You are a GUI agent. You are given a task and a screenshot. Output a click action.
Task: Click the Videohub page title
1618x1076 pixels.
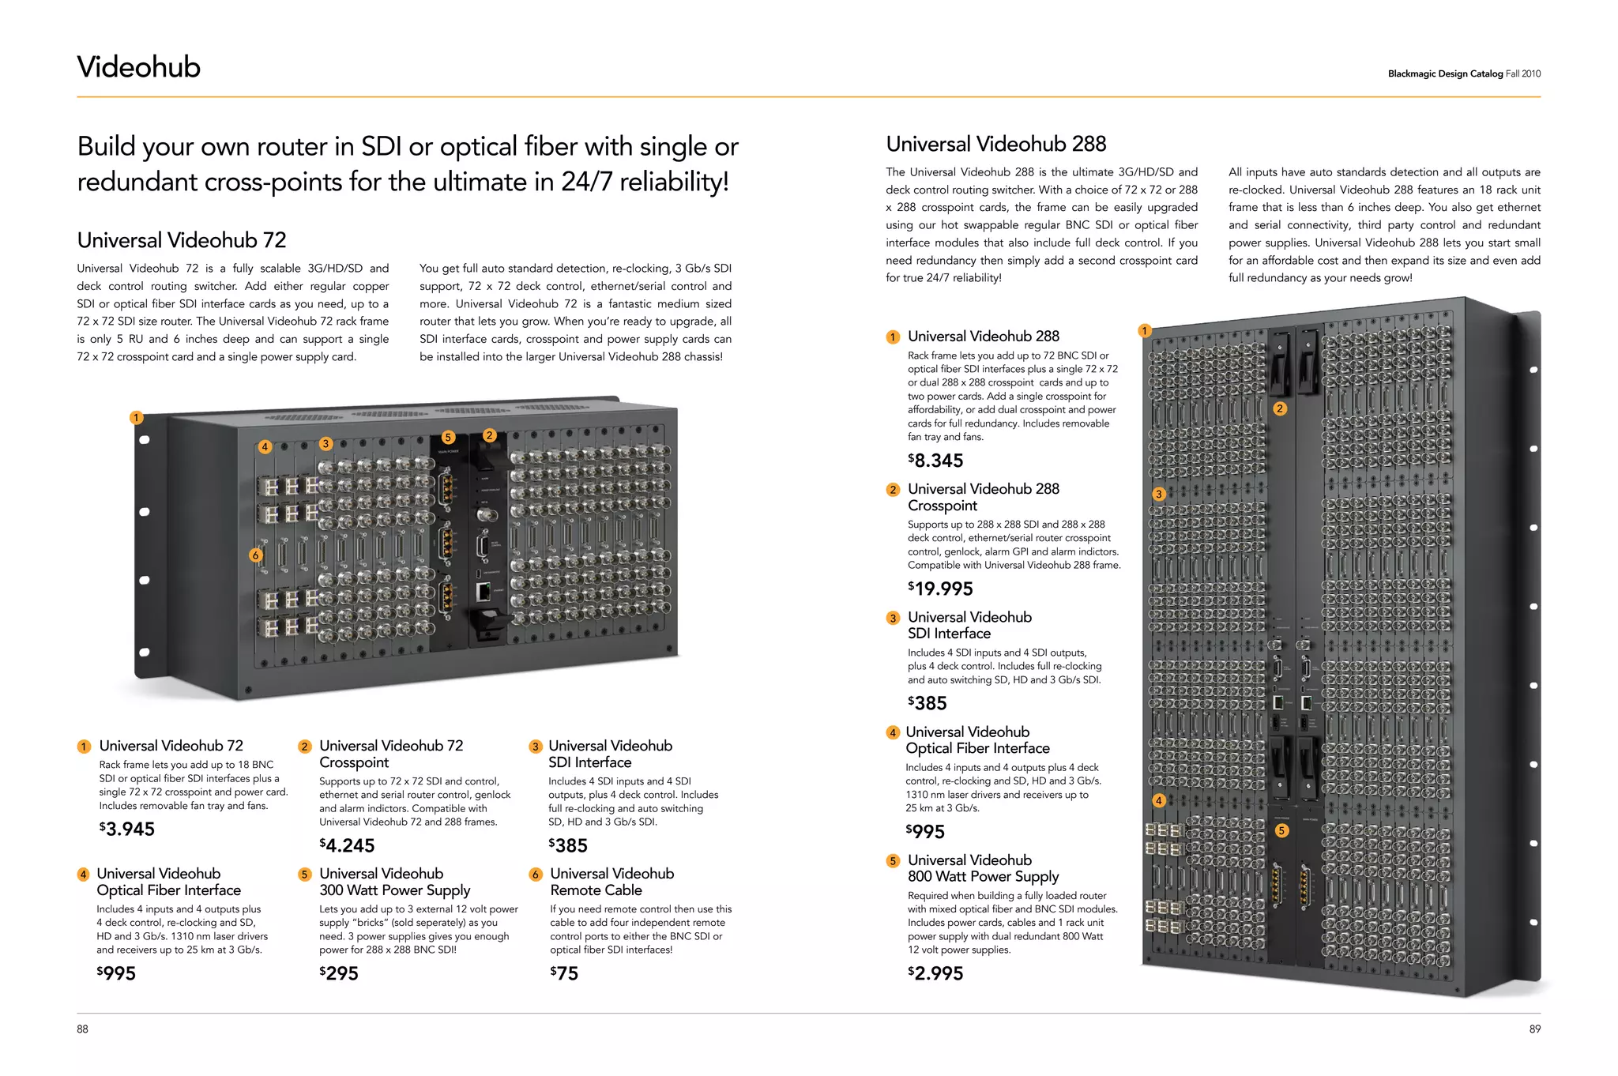click(x=139, y=67)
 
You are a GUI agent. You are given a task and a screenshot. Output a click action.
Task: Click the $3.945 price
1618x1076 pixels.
click(x=127, y=829)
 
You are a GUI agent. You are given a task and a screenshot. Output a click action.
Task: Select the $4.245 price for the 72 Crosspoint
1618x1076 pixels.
click(x=347, y=845)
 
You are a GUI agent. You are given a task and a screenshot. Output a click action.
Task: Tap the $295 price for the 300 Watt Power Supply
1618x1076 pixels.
click(x=339, y=973)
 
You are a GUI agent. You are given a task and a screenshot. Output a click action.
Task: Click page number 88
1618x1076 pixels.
click(x=83, y=1029)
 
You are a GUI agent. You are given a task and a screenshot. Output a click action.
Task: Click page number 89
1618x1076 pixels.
click(x=1534, y=1029)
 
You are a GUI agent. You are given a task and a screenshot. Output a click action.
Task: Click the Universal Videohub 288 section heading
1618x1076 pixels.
click(x=995, y=145)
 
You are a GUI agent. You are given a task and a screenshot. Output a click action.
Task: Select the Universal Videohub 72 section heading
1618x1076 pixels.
click(x=182, y=240)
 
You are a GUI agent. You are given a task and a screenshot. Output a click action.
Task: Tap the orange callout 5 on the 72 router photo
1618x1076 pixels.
click(x=448, y=437)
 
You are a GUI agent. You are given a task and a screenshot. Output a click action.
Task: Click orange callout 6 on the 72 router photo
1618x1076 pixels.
click(x=255, y=555)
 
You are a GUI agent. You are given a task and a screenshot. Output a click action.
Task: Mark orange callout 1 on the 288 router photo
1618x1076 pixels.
click(x=1144, y=331)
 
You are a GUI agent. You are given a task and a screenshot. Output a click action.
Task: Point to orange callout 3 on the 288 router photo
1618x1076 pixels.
click(x=1158, y=495)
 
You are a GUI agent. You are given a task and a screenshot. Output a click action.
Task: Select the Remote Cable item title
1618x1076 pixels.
click(x=611, y=882)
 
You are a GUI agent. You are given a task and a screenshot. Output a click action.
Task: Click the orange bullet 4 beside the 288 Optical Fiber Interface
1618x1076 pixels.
click(x=893, y=732)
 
